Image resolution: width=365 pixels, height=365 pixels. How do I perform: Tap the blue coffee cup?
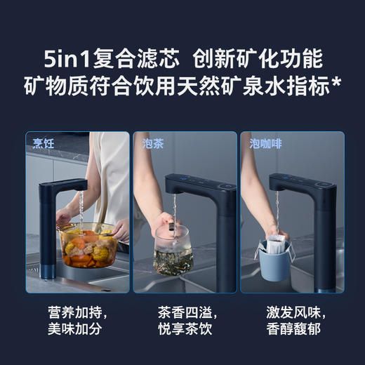281,259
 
